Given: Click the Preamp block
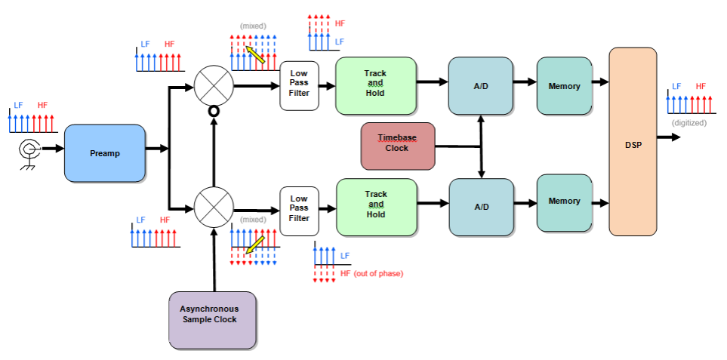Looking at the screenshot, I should [x=105, y=153].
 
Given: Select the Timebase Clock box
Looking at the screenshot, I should [x=397, y=143].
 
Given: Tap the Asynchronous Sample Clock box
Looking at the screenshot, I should [x=213, y=320].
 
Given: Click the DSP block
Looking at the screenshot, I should [x=633, y=141].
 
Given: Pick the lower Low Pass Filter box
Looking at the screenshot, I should [x=299, y=208].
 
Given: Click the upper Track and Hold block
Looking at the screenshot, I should [x=375, y=86].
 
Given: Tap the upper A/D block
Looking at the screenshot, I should [x=481, y=86].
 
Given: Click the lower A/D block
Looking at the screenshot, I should [x=481, y=207].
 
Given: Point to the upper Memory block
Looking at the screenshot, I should [x=564, y=86].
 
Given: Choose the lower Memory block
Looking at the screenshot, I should [x=564, y=202].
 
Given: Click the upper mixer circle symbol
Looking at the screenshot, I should [x=214, y=85].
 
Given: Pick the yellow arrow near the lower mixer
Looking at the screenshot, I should [x=254, y=243].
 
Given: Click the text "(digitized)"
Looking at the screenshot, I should [x=688, y=122].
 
